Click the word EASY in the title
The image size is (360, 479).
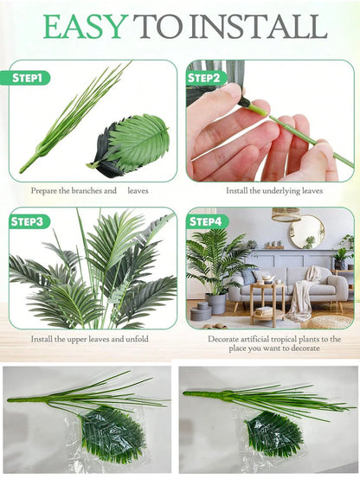(85, 26)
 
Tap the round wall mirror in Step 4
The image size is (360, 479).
(306, 232)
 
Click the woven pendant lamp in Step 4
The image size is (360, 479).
(286, 214)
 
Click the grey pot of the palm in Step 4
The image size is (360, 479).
(216, 303)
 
